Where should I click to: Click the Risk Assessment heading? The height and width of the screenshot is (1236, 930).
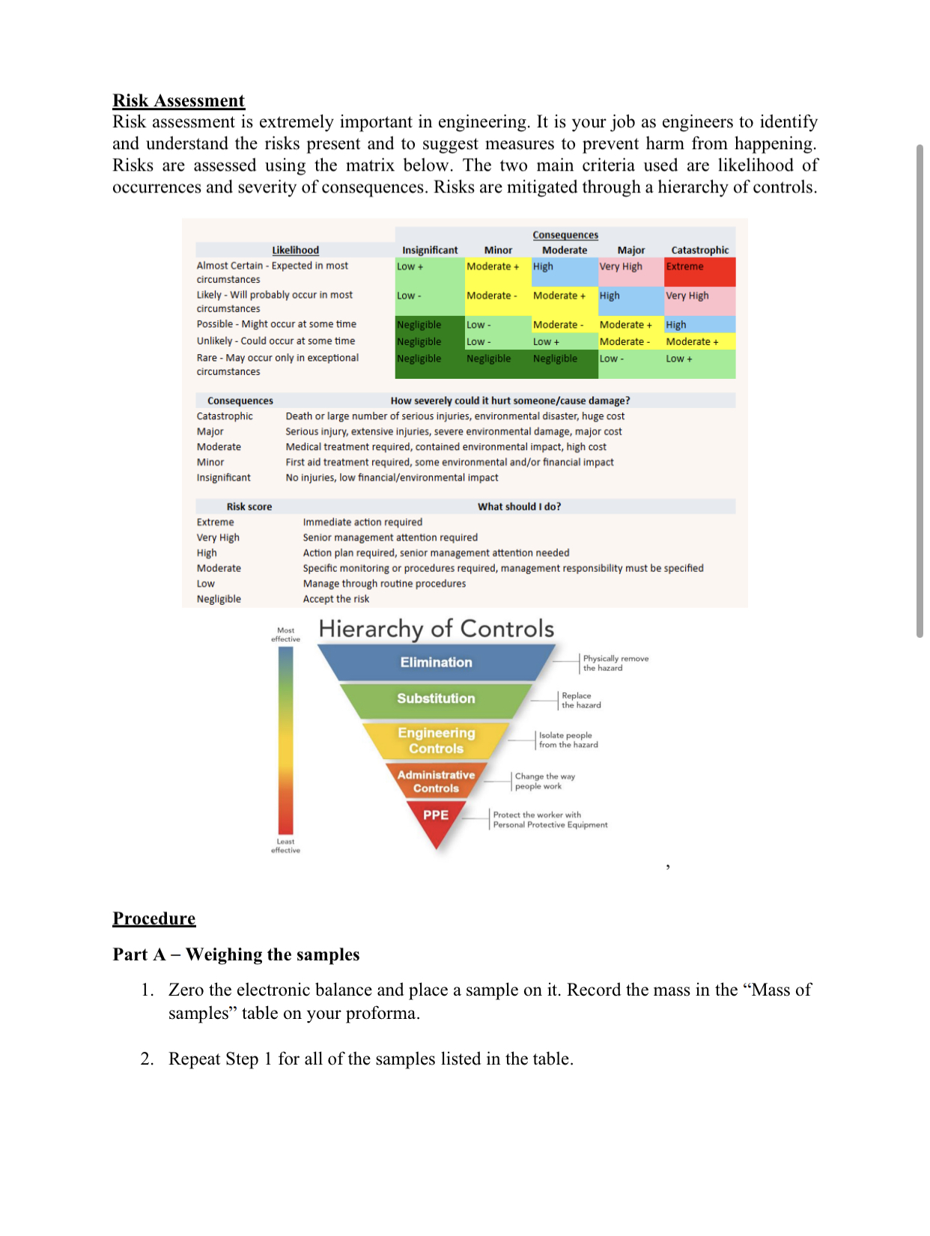point(178,100)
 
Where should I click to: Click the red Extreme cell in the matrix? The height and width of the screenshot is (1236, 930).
point(699,272)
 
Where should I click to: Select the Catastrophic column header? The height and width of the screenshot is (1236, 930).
point(699,250)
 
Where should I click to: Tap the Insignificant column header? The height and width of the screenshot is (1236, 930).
point(430,250)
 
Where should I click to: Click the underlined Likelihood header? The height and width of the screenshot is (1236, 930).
point(295,250)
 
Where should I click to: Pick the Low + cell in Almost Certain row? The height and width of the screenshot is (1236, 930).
point(428,271)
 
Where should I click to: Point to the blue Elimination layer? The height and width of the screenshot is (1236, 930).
point(436,663)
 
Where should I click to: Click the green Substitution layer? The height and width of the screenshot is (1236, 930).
point(436,698)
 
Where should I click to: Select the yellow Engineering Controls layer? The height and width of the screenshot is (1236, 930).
point(436,740)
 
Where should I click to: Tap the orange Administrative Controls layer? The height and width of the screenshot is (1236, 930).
point(436,781)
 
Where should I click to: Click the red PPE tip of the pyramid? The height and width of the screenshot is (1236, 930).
point(436,819)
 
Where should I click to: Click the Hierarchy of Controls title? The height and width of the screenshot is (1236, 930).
point(437,629)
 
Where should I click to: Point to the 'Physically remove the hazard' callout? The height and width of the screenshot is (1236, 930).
point(616,663)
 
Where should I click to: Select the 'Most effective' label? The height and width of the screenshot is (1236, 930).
point(285,635)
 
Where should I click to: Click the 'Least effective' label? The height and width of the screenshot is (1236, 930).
point(285,846)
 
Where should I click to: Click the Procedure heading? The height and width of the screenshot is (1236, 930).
point(154,919)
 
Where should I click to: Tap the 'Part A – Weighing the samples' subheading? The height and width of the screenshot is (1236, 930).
point(236,955)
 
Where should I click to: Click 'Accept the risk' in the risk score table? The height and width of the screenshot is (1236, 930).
point(335,599)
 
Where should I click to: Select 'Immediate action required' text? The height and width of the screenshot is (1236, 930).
point(362,522)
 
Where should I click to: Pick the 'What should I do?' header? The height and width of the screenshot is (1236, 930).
point(519,507)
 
